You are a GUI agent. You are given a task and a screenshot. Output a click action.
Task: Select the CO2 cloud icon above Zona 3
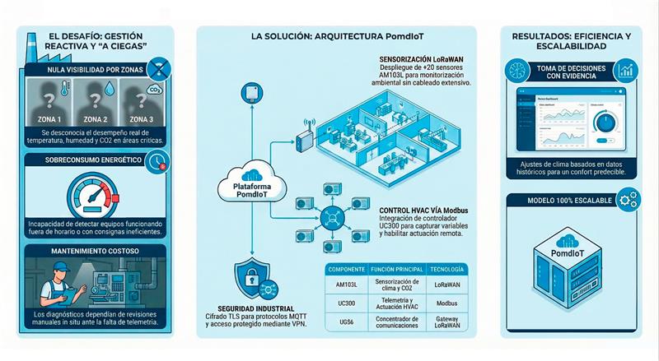[153, 89]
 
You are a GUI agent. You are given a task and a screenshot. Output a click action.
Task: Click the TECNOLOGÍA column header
[448, 269]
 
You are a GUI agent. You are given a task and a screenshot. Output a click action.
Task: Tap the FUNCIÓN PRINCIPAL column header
[395, 269]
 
